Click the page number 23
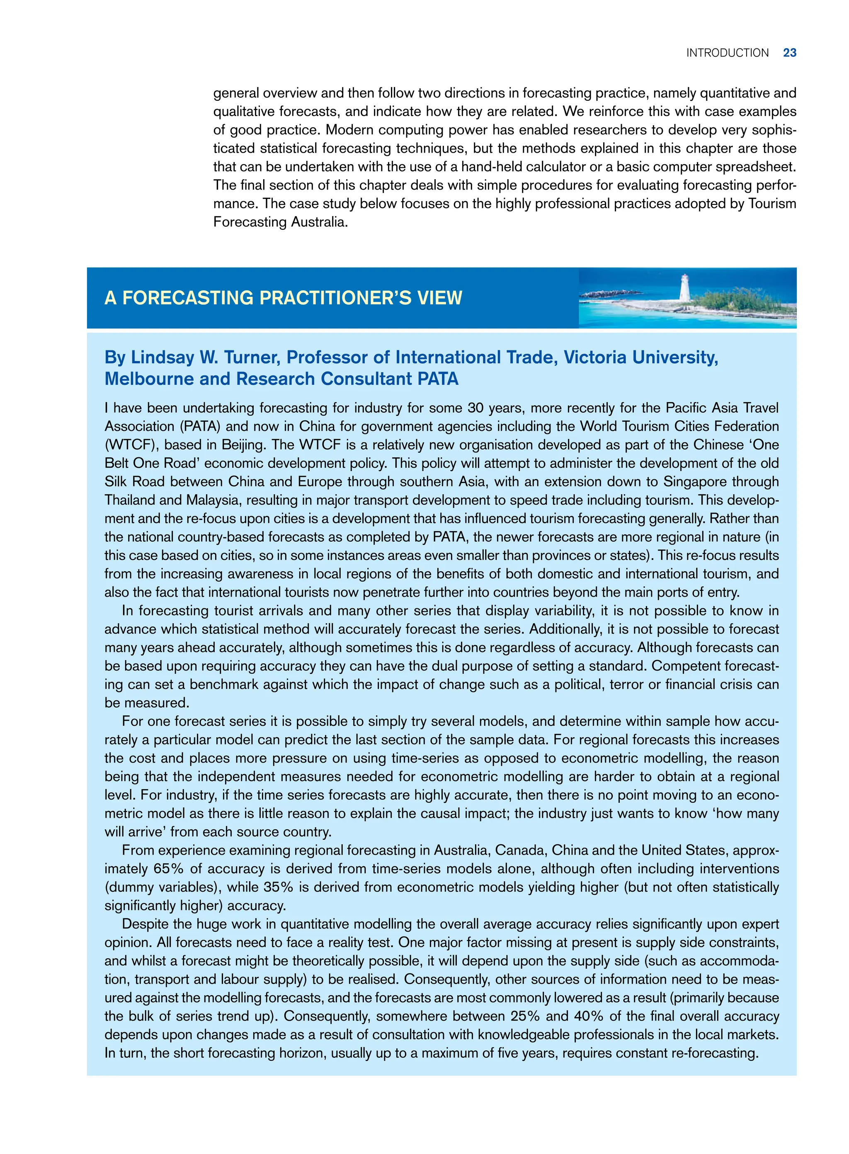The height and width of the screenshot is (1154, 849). pyautogui.click(x=789, y=53)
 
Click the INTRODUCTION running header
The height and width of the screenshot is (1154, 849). pyautogui.click(x=727, y=53)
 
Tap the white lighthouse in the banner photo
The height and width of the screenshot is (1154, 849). pyautogui.click(x=684, y=288)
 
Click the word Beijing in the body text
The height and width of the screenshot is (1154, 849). pyautogui.click(x=243, y=445)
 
